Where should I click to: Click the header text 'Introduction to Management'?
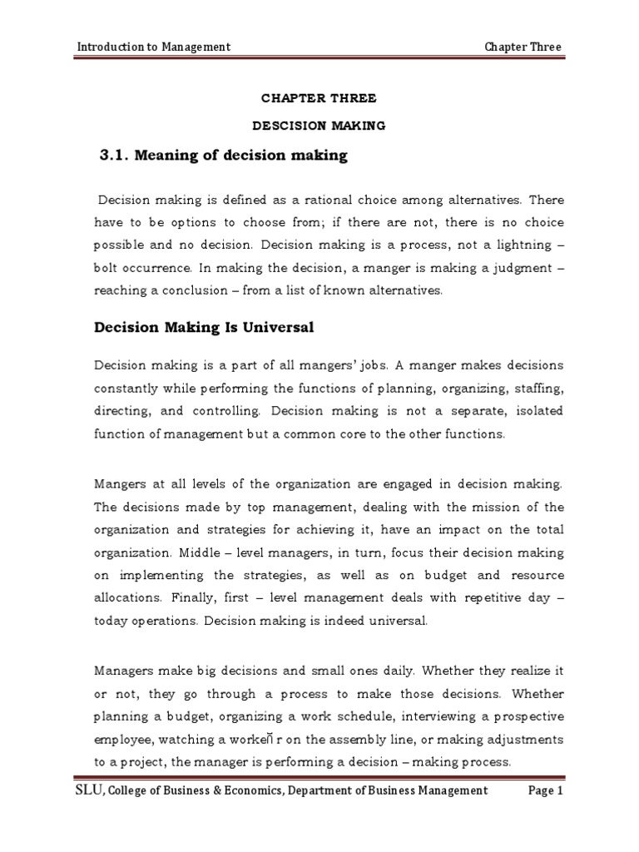[x=153, y=47]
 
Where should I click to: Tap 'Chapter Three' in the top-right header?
[x=523, y=47]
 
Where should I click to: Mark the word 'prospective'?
[x=526, y=716]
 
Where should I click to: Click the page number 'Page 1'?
[x=546, y=791]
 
